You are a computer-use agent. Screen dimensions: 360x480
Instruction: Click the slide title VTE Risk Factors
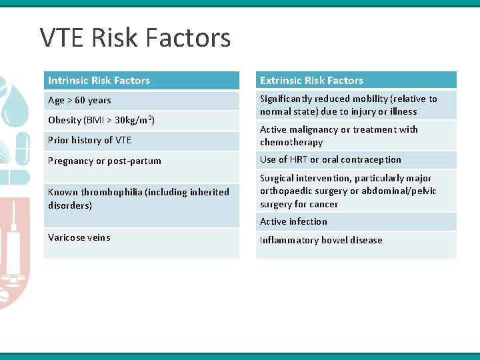click(x=135, y=38)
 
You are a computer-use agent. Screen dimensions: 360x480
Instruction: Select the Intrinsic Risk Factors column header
click(x=99, y=81)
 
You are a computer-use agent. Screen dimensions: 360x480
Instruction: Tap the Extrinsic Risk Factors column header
click(x=311, y=81)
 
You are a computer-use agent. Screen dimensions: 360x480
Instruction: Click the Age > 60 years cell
click(x=79, y=101)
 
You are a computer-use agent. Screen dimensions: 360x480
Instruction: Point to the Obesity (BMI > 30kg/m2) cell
click(x=101, y=121)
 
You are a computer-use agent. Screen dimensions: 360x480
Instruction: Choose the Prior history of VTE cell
click(x=90, y=140)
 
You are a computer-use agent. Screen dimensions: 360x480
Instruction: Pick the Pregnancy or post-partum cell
click(x=105, y=161)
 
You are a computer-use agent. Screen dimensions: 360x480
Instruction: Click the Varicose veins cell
click(x=79, y=237)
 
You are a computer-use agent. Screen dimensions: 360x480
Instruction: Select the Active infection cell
click(x=293, y=221)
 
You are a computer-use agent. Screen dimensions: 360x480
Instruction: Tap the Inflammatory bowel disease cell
click(x=321, y=240)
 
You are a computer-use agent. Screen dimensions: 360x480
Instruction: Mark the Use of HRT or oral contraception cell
click(x=330, y=159)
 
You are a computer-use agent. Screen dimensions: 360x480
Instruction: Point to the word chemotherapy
click(x=291, y=142)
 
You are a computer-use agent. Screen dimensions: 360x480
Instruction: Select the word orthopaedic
click(x=287, y=191)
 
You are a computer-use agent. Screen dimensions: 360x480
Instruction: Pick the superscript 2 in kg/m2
click(x=151, y=118)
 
